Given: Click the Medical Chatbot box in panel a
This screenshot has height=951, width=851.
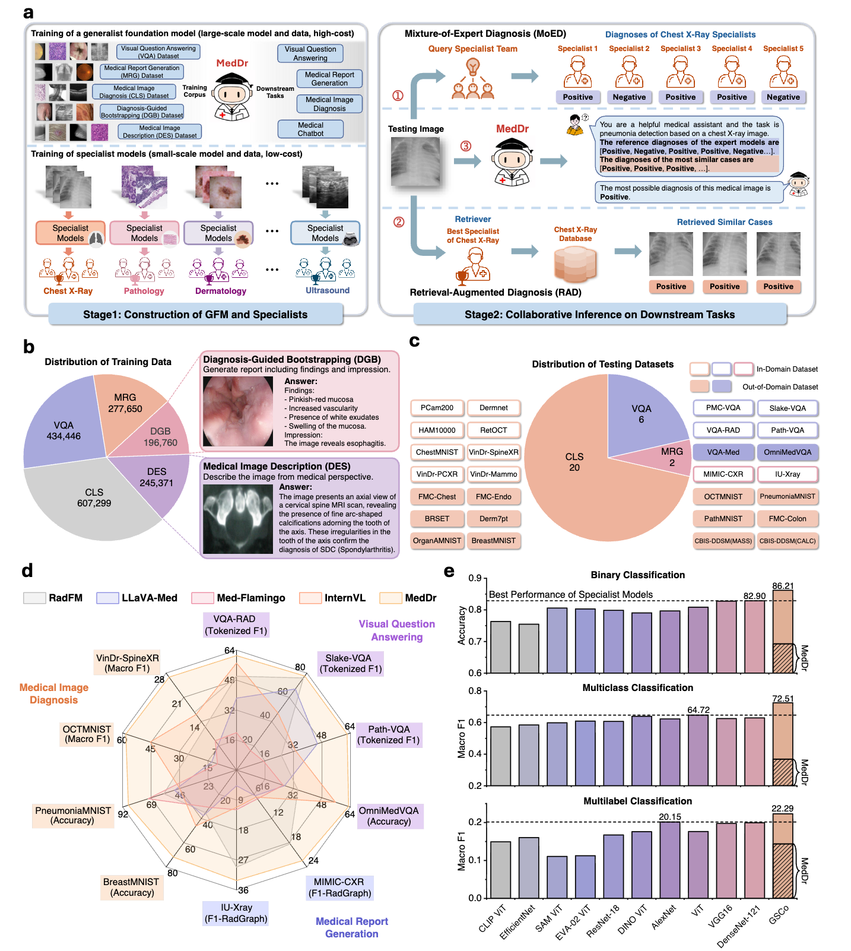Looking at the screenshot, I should click(310, 129).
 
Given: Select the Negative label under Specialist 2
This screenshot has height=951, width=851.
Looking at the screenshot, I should click(629, 97).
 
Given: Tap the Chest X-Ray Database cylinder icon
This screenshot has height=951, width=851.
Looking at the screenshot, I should click(574, 264).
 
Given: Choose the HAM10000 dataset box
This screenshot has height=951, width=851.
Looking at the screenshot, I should click(437, 430).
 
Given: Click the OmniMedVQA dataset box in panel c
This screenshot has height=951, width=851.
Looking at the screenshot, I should click(788, 452).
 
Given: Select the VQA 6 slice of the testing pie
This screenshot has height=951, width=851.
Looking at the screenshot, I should click(642, 414).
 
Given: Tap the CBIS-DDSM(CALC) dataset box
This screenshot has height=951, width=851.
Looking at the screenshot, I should click(788, 541).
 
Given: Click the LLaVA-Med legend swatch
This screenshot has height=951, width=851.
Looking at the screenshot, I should click(107, 598).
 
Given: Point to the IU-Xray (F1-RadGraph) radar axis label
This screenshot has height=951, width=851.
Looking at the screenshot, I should click(236, 913).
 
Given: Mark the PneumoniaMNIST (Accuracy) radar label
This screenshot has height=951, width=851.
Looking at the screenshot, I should click(73, 816).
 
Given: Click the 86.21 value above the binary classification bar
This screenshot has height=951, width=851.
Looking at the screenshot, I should click(783, 586).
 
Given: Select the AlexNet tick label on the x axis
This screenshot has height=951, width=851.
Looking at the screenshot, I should click(664, 918).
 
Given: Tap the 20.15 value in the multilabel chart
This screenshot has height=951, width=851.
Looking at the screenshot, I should click(670, 817).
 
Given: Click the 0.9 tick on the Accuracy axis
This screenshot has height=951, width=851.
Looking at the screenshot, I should click(475, 578).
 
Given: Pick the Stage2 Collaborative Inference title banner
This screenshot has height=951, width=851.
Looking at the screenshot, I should click(599, 315).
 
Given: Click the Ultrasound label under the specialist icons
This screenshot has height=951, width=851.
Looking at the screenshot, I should click(328, 290).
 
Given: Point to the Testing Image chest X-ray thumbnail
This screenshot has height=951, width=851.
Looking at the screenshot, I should click(415, 161).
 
